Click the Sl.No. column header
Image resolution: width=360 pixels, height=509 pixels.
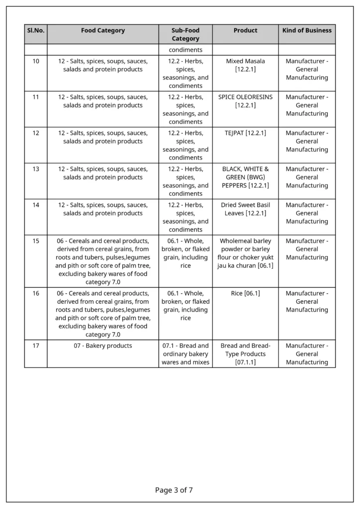coord(36,31)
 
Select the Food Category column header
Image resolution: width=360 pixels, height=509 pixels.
coord(103,31)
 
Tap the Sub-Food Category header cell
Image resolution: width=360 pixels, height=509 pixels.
coord(185,34)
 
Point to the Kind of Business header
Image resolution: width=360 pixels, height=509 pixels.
coord(307,31)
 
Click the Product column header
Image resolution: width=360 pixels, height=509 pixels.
coord(245,31)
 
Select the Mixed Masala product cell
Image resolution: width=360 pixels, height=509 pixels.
coord(245,65)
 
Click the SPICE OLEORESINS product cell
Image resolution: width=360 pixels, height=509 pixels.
coord(245,101)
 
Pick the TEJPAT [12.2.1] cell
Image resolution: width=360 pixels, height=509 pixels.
coord(245,133)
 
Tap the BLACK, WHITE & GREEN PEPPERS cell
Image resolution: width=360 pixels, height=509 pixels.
coord(245,177)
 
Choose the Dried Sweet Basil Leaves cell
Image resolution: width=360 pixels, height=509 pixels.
coord(245,209)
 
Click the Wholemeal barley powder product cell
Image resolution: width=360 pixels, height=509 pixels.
coord(245,253)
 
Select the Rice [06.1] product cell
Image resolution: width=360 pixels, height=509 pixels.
coord(245,293)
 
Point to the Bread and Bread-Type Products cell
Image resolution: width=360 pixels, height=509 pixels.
coord(245,353)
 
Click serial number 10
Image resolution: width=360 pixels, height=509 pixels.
coord(36,61)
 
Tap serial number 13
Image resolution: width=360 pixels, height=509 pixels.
coord(36,169)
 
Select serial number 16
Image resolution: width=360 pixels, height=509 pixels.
coord(36,293)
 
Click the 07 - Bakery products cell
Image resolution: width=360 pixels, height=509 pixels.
coord(103,345)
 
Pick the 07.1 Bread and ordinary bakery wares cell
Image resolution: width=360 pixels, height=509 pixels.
coord(185,353)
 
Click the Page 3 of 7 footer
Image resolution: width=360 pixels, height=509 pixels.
coord(174,490)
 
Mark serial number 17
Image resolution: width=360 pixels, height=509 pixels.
coord(36,345)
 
